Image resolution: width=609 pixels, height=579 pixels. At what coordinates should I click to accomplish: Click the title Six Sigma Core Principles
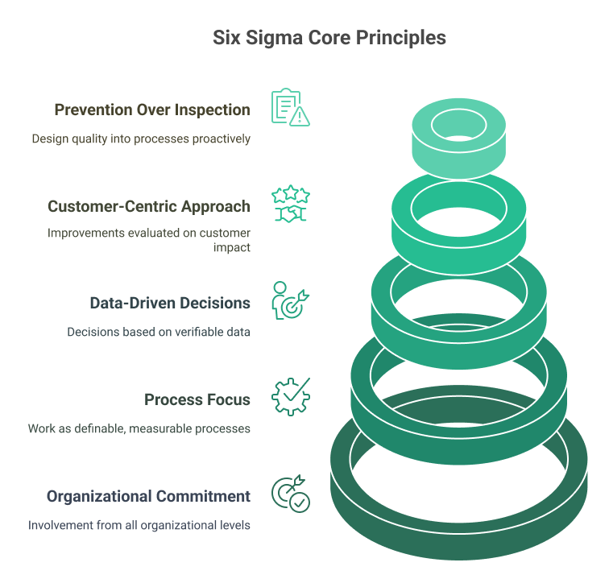(x=329, y=38)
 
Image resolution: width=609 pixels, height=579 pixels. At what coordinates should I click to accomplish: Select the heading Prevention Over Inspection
(x=152, y=110)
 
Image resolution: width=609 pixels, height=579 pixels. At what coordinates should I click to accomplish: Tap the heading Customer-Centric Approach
(x=149, y=206)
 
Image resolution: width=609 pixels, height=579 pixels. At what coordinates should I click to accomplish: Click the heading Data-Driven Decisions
(x=170, y=303)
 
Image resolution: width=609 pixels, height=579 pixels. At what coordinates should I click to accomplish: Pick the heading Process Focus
(x=197, y=399)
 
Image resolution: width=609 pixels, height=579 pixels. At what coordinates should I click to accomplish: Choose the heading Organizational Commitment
(x=148, y=496)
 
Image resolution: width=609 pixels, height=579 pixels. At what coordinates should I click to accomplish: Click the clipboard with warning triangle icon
(x=291, y=107)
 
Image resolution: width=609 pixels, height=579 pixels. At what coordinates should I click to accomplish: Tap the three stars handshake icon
(x=291, y=204)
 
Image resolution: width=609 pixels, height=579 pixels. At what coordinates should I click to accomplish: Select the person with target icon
(x=291, y=300)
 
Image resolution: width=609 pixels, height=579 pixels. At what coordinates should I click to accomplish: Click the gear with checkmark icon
(x=291, y=397)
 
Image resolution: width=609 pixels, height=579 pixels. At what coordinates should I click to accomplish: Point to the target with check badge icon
(x=291, y=494)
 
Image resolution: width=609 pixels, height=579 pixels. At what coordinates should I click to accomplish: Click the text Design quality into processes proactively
(x=141, y=139)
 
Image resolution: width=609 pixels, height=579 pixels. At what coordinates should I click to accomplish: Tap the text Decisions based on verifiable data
(x=159, y=332)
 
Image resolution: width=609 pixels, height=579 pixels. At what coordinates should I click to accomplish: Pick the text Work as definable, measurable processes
(x=139, y=428)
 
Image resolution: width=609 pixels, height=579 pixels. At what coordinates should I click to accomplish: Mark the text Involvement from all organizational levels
(x=139, y=525)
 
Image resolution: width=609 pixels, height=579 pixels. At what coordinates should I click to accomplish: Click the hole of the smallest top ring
(x=457, y=124)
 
